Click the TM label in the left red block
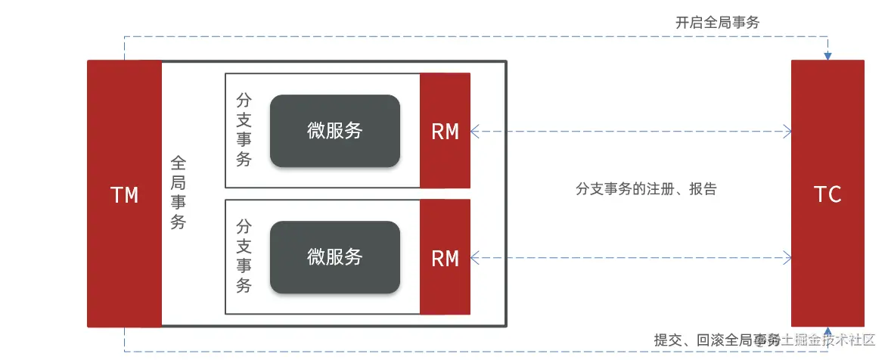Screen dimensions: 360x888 coord(125,195)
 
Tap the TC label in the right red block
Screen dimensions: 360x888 coord(828,194)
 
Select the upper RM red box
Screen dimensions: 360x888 coord(445,132)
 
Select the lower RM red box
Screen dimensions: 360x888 coord(445,258)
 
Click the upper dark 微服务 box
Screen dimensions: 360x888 coord(334,131)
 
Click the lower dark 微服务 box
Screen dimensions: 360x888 coord(334,257)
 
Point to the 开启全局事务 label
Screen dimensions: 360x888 coord(717,23)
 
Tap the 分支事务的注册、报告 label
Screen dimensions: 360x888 coord(645,189)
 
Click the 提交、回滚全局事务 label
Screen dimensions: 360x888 coord(715,340)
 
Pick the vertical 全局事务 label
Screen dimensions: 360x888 coord(179,193)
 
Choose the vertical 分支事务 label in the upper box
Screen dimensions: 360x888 coord(244,130)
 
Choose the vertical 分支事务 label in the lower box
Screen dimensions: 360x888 coord(244,256)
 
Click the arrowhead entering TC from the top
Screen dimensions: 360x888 coord(828,56)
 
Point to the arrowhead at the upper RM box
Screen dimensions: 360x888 coord(475,132)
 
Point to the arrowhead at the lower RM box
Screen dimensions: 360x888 coord(475,258)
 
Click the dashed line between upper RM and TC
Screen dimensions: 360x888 coord(628,132)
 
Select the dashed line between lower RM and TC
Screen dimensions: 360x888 coord(628,258)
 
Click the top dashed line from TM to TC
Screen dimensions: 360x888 coord(454,36)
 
